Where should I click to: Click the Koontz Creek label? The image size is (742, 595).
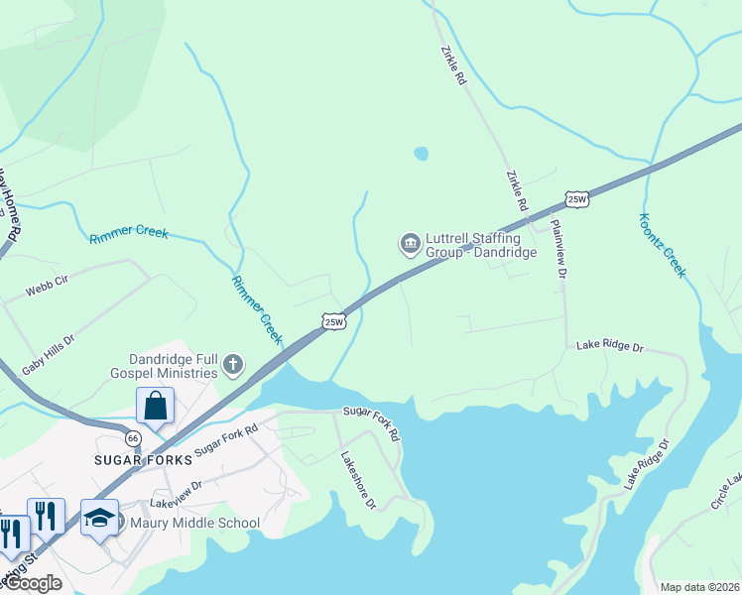663,245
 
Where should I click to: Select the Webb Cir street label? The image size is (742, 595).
47,287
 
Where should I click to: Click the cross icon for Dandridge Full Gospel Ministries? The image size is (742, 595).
233,365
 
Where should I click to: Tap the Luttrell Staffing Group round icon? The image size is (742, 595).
410,244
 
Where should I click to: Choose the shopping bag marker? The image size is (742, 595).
156,406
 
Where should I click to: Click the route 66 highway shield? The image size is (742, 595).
134,437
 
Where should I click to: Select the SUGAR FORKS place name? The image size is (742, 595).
134,460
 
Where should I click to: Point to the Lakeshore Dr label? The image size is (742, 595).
358,481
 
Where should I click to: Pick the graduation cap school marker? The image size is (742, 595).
99,518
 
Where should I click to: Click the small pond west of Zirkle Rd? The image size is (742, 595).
421,154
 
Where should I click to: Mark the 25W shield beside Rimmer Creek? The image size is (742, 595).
334,321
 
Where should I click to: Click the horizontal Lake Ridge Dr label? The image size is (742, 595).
610,348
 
